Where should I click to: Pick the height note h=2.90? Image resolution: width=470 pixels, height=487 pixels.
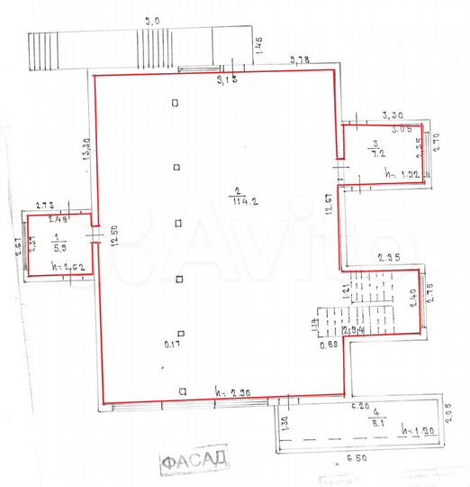[x=232, y=392]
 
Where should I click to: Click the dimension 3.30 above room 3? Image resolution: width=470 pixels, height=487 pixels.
[x=393, y=115]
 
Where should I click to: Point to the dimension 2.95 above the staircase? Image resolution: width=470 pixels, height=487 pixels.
[x=389, y=258]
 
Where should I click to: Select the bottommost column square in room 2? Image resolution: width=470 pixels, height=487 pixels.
[x=182, y=391]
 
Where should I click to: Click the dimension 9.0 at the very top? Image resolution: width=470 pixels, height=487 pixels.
[x=153, y=20]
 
